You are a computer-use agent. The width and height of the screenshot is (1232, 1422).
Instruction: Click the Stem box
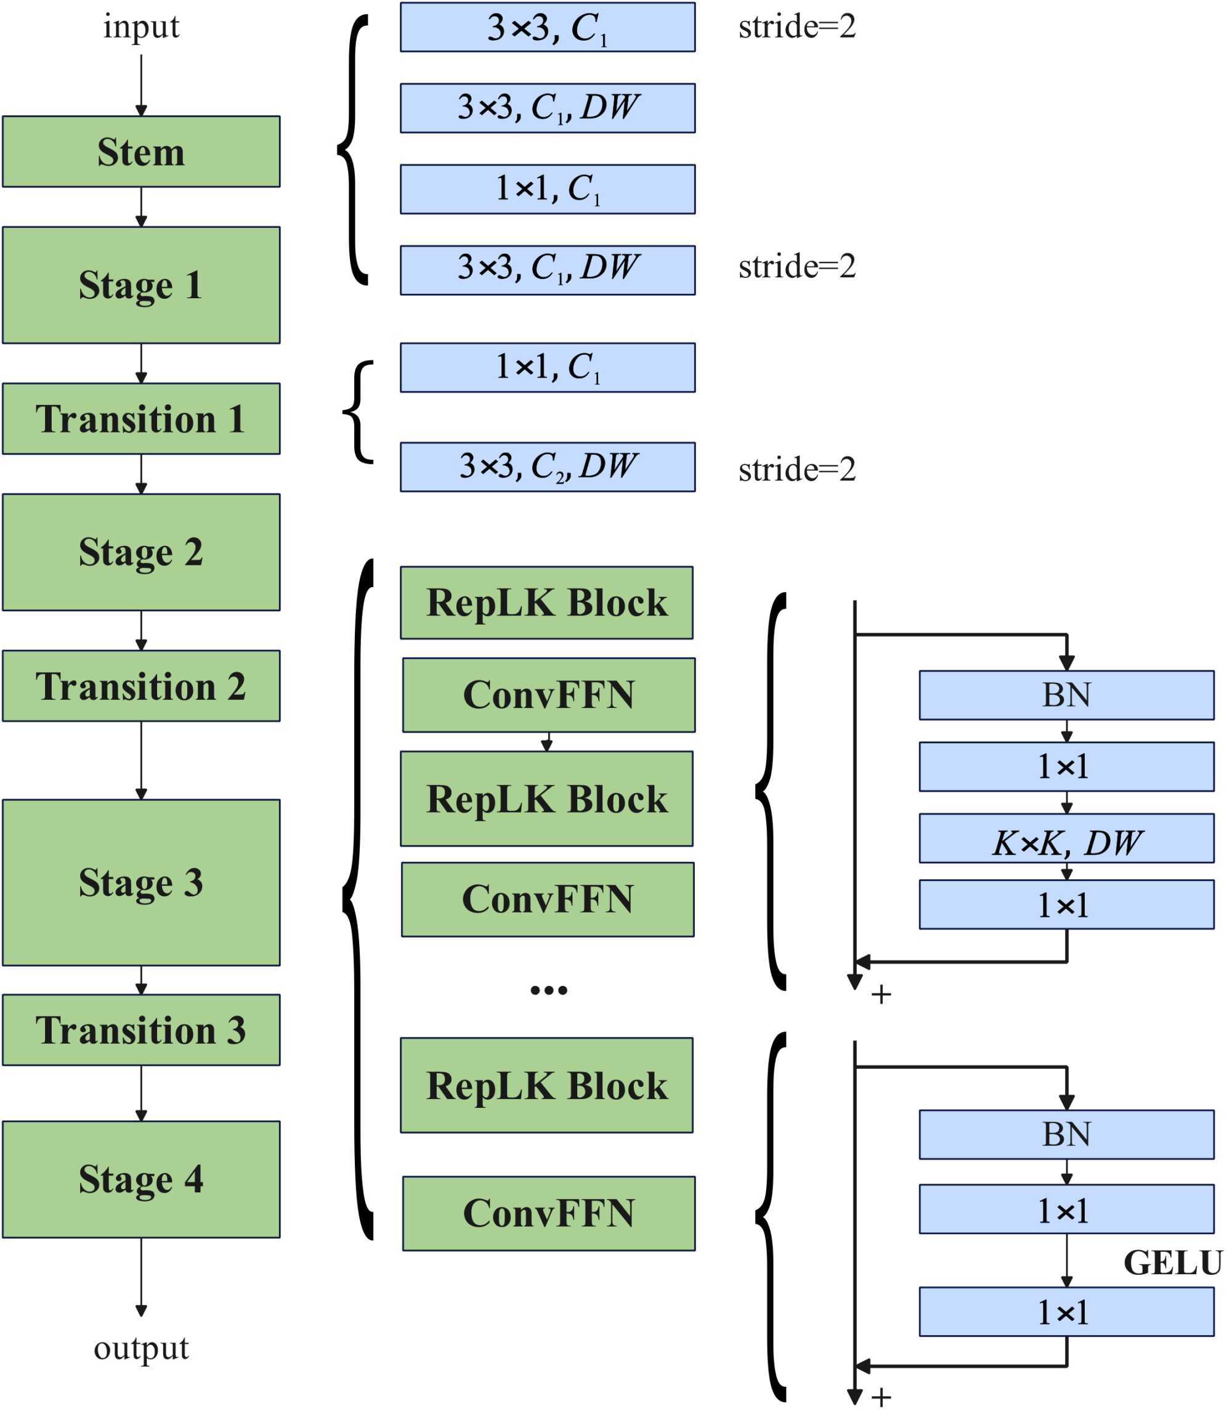point(141,152)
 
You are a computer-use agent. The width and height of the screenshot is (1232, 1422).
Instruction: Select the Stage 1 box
point(141,285)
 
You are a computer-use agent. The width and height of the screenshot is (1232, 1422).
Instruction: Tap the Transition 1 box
point(141,419)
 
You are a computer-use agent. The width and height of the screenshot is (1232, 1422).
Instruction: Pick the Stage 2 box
point(141,552)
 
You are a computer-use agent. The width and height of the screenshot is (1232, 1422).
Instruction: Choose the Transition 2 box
point(141,686)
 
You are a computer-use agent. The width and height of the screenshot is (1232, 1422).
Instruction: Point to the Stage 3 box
point(141,882)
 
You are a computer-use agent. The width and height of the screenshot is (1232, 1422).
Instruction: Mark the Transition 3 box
point(141,1030)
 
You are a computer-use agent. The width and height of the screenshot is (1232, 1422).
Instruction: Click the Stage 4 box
point(141,1179)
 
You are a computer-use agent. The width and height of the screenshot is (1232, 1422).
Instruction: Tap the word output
point(141,1347)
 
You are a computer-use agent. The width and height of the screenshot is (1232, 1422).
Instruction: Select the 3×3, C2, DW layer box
point(547,467)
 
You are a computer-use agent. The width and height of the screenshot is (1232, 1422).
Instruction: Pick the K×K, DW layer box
point(1066,838)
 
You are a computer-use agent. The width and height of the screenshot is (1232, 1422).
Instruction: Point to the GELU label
point(1173,1262)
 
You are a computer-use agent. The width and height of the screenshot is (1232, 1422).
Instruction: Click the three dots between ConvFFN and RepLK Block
point(549,990)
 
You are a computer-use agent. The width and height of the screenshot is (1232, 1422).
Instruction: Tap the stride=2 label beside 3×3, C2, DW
point(797,469)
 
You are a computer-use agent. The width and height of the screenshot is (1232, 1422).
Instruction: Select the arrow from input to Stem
point(141,84)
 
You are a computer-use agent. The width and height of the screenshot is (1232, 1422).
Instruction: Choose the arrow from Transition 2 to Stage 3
point(141,760)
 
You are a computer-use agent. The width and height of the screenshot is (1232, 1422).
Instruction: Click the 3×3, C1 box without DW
point(547,27)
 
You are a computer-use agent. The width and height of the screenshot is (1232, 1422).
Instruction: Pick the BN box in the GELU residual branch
point(1066,1134)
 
